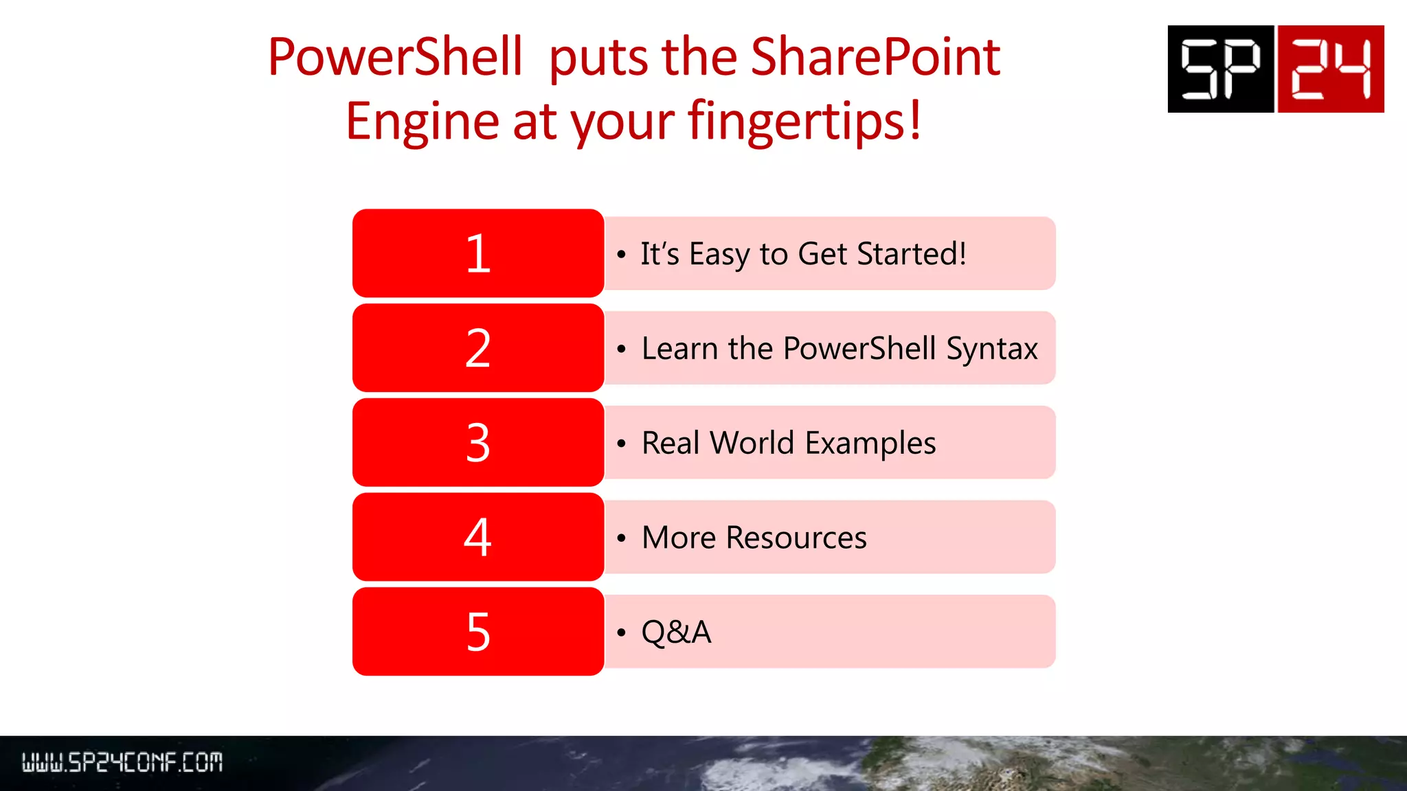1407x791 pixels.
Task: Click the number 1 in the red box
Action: click(478, 254)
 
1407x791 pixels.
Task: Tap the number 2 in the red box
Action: click(478, 348)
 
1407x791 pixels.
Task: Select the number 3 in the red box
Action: click(478, 443)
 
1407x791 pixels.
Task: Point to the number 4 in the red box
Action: click(478, 537)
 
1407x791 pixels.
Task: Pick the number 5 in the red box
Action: click(478, 632)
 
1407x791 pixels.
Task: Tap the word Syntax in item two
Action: click(991, 349)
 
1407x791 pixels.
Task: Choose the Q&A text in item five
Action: click(676, 632)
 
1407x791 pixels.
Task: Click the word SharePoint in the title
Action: click(875, 57)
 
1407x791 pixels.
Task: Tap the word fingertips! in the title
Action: click(804, 122)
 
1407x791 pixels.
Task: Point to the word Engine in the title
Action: click(423, 122)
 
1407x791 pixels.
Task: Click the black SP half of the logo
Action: click(1220, 69)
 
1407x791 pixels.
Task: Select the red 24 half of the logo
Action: click(1330, 69)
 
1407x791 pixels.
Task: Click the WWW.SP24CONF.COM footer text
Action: click(122, 762)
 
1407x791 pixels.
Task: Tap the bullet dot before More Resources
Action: click(621, 538)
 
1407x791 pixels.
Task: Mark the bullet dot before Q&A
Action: click(621, 632)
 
